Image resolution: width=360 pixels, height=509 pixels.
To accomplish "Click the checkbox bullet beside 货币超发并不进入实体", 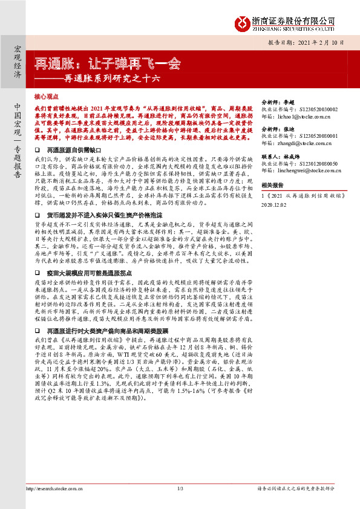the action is [39, 215].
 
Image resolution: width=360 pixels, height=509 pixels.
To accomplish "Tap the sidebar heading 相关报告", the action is [270, 185].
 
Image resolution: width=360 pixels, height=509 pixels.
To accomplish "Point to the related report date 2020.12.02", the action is [274, 205].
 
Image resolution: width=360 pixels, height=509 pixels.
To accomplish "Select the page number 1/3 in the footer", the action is [180, 488].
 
